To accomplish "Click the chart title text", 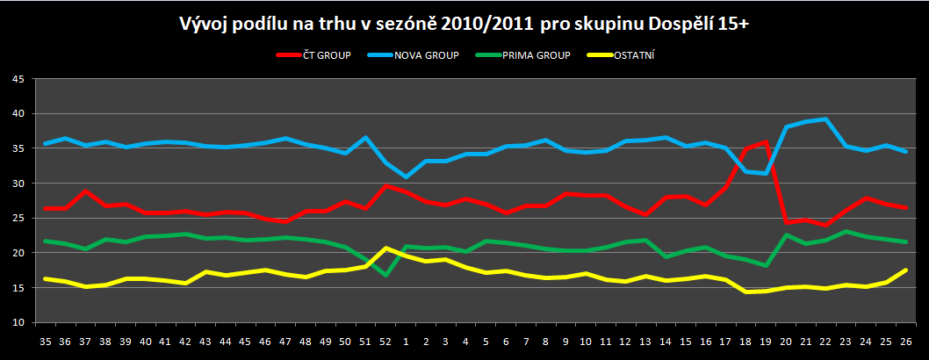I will pos(464,24).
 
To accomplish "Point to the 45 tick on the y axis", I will pos(19,79).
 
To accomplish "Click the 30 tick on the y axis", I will pos(19,184).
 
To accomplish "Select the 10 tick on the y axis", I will pos(19,323).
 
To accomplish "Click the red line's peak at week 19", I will pos(767,142).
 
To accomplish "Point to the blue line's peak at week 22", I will pos(825,119).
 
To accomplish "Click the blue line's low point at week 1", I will pos(406,176).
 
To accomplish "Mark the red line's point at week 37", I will pos(85,191).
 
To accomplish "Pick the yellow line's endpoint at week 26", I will pos(904,270).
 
